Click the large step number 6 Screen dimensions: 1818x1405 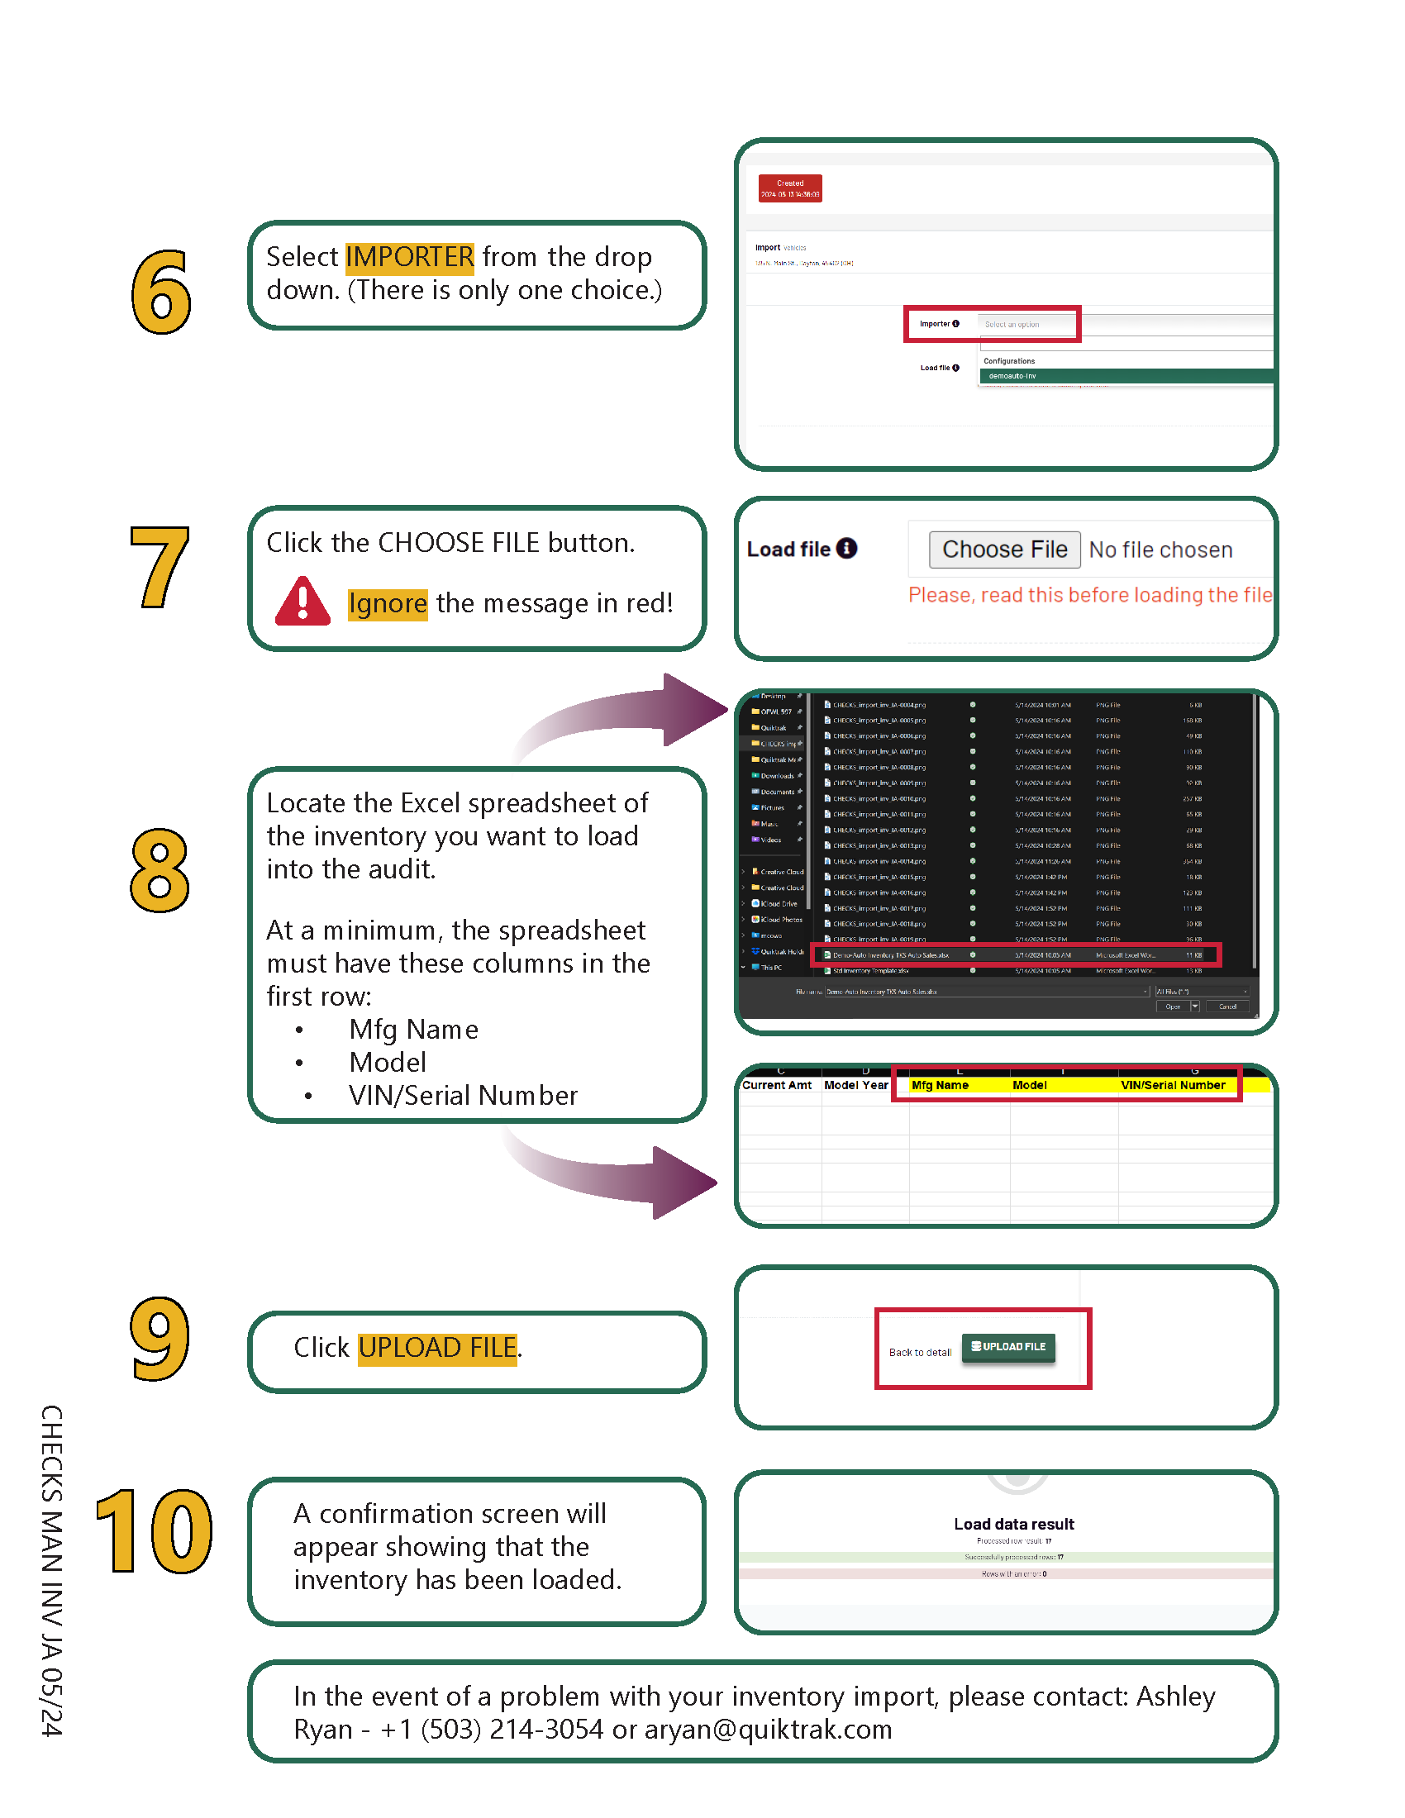click(x=160, y=293)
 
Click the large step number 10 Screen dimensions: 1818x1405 click(x=155, y=1531)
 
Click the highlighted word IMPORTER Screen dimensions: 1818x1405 click(x=409, y=257)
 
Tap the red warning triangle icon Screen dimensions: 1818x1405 click(x=303, y=602)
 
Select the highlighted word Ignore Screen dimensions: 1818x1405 click(x=387, y=603)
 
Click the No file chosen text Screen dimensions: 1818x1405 click(x=1160, y=550)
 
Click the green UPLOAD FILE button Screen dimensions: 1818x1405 click(x=1008, y=1346)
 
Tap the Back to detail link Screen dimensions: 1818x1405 click(x=920, y=1352)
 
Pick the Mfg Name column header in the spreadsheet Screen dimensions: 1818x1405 click(x=940, y=1085)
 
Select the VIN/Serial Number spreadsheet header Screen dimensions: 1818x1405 click(x=1172, y=1085)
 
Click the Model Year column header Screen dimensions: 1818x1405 click(x=855, y=1085)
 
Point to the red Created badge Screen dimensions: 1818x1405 click(x=790, y=188)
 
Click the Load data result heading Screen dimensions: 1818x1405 click(x=1014, y=1524)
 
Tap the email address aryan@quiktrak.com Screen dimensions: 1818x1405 click(x=768, y=1730)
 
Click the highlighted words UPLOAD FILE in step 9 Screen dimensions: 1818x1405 click(x=438, y=1348)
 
